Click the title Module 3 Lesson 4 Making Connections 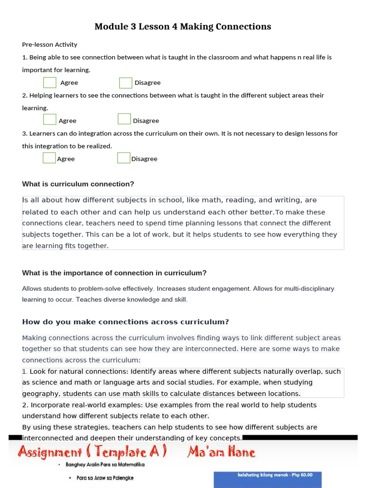(x=183, y=27)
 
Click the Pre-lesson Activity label (x=50, y=44)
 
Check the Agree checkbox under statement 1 (x=50, y=82)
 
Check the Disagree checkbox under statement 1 (x=125, y=82)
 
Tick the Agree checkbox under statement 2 (x=50, y=120)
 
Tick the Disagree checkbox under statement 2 (x=124, y=119)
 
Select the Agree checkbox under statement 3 (x=49, y=158)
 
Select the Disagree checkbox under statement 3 (x=123, y=158)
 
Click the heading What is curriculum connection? (x=78, y=184)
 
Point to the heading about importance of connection (x=114, y=273)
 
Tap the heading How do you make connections (x=125, y=322)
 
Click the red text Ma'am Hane (x=221, y=452)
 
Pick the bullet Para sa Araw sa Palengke (x=105, y=478)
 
